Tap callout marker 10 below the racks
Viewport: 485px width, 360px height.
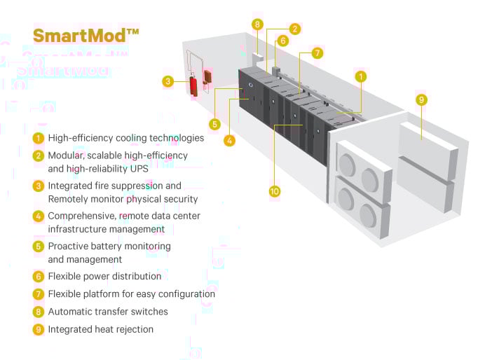click(274, 190)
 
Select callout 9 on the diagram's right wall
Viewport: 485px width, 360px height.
click(421, 99)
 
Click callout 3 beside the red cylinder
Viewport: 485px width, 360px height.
click(168, 81)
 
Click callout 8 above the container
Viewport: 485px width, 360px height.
click(258, 25)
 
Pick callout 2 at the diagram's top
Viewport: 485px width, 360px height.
click(295, 29)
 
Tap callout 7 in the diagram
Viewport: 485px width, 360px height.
click(317, 53)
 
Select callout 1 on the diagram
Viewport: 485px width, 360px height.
click(360, 76)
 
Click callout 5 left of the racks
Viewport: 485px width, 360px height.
click(214, 124)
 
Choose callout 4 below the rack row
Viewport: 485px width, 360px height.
click(229, 140)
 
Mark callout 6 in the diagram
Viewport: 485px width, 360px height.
click(282, 41)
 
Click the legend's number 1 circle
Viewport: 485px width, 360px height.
click(39, 138)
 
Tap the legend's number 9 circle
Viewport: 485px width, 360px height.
click(39, 329)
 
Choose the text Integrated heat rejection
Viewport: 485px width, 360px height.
click(100, 329)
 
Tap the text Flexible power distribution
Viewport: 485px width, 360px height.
click(104, 277)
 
